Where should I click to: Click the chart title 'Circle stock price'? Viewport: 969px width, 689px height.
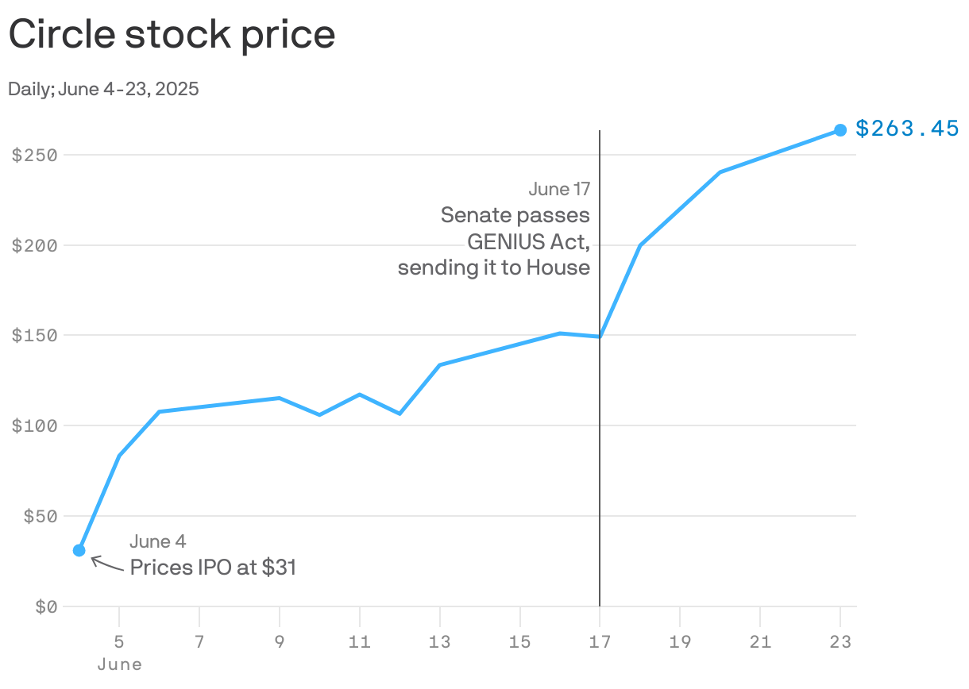172,35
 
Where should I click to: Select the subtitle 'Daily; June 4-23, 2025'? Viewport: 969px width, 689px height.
103,89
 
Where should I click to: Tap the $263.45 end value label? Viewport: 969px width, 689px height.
907,129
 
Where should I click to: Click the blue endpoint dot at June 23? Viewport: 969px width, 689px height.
840,130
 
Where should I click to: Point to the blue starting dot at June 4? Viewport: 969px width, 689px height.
79,550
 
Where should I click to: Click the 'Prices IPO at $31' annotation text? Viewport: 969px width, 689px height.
213,568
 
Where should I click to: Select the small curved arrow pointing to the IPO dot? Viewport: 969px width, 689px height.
106,563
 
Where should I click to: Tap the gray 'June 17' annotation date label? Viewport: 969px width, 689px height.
559,189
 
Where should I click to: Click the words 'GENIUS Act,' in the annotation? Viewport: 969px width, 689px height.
528,241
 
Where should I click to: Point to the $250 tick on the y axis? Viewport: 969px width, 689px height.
34,155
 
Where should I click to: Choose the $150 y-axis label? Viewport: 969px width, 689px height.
34,335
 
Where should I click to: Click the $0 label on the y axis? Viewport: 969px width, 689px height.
47,606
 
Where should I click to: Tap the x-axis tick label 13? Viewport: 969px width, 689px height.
439,641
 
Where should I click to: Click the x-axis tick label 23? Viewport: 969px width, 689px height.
840,641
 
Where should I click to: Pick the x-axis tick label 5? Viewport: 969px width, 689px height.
119,641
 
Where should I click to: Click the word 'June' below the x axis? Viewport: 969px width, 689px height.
119,664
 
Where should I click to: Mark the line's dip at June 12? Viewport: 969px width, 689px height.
400,414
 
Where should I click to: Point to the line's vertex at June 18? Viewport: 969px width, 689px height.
640,245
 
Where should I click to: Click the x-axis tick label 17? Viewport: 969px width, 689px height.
600,641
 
